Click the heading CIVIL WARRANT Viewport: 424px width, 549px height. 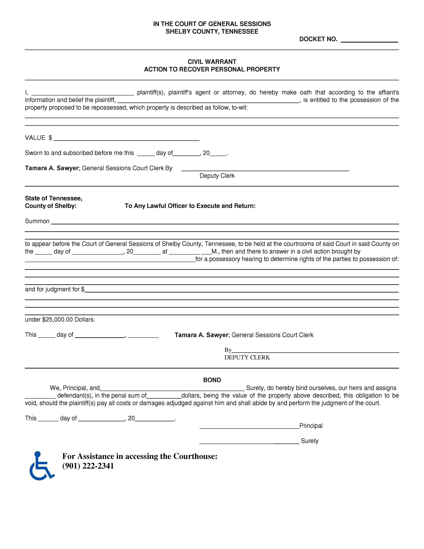pos(212,62)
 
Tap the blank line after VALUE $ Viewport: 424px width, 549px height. pos(126,139)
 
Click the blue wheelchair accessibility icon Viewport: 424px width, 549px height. pos(41,466)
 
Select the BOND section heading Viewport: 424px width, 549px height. pos(212,380)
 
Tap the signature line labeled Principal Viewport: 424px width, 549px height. pos(249,427)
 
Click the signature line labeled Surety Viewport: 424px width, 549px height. pos(249,442)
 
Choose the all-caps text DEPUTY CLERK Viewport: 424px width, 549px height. pos(247,357)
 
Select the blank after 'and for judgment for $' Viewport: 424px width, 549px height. pos(241,290)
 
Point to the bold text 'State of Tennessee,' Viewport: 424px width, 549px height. pos(54,198)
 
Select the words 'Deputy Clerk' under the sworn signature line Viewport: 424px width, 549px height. pos(217,176)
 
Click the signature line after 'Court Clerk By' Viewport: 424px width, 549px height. pos(265,169)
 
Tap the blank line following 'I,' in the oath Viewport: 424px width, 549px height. pos(83,94)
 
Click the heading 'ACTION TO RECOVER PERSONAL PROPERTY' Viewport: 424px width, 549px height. pos(212,69)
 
